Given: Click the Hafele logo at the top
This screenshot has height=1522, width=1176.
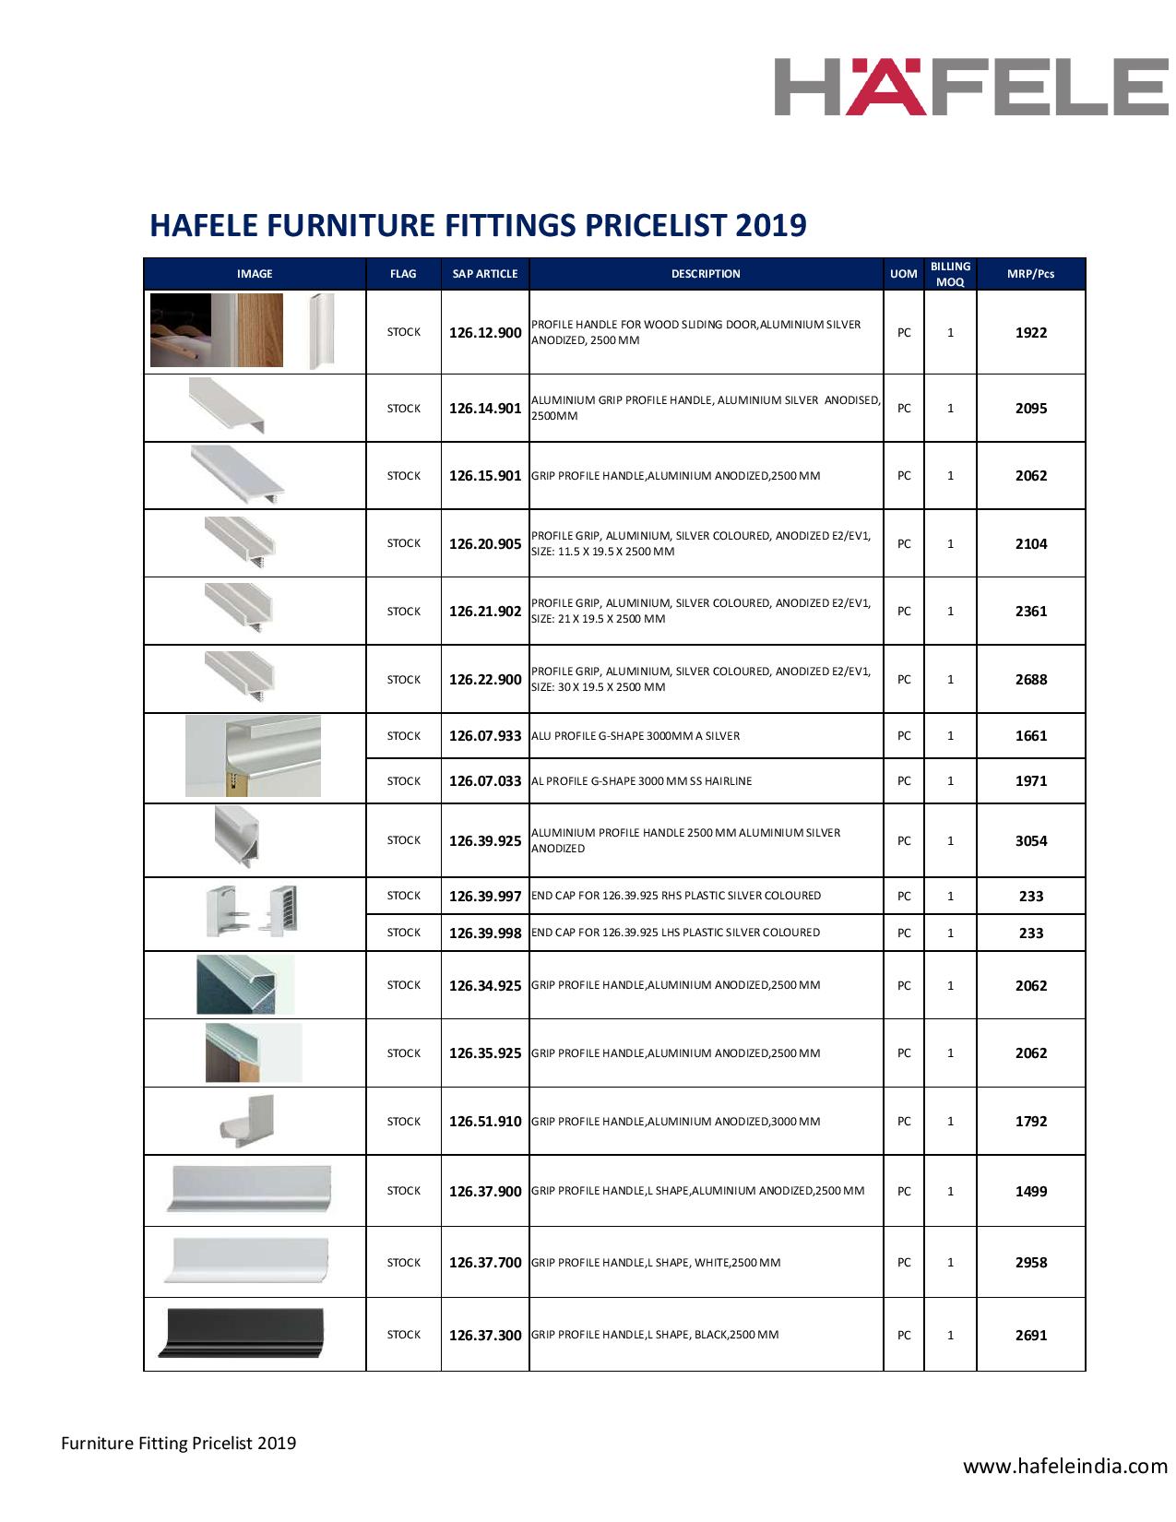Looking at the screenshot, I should pos(970,87).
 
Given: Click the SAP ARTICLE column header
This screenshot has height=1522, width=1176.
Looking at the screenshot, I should pos(485,274).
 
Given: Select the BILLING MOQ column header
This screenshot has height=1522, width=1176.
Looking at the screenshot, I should pos(950,274).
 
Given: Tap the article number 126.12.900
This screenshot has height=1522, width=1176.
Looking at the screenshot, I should pos(485,333).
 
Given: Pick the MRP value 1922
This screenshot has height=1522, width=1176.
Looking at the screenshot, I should pos(1030,333).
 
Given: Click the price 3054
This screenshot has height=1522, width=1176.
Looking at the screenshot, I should pos(1030,841).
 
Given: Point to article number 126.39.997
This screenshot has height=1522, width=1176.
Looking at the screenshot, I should pos(485,897).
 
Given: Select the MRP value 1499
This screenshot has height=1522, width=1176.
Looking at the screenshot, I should pos(1030,1192).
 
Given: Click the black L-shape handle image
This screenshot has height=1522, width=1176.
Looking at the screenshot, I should pos(243,1333).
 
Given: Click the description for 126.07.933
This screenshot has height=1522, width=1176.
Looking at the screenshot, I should pos(636,736).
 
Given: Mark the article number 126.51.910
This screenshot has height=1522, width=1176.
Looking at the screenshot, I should pos(485,1122).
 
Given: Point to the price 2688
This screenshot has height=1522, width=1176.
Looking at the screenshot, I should pos(1030,680).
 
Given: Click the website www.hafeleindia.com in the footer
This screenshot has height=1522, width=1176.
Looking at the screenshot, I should pos(1065,1466).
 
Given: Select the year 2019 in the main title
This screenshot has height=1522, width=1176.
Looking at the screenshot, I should pos(770,225).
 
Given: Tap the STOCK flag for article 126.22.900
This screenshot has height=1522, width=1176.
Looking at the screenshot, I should pos(403,680).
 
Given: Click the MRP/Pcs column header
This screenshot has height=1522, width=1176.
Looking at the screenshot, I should pos(1030,274).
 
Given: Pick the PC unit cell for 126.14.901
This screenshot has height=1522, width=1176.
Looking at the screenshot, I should pos(904,409).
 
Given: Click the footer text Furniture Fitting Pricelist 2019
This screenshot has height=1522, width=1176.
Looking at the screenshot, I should pos(179,1443).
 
